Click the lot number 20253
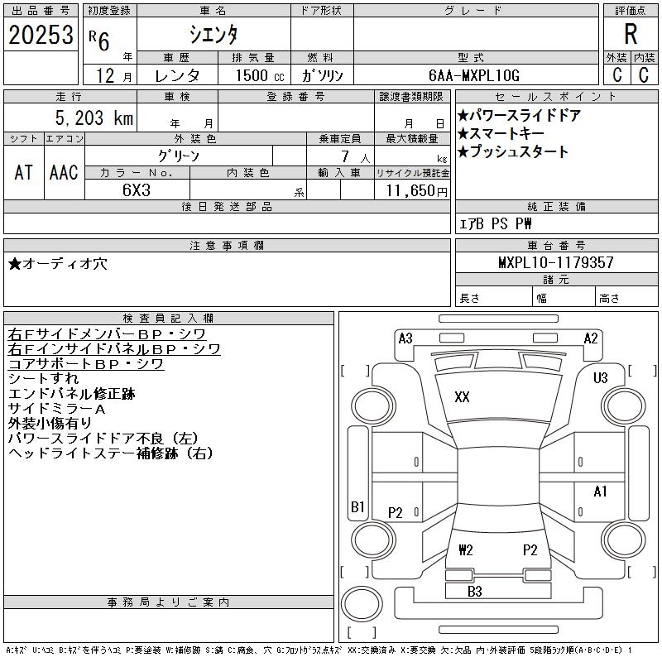pyautogui.click(x=41, y=35)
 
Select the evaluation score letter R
pyautogui.click(x=631, y=34)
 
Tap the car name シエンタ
pyautogui.click(x=213, y=34)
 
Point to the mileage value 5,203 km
pyautogui.click(x=94, y=118)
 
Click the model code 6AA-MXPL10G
pyautogui.click(x=473, y=75)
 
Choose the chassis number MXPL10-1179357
pyautogui.click(x=555, y=262)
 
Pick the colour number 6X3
pyautogui.click(x=137, y=190)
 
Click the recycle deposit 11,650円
pyautogui.click(x=417, y=191)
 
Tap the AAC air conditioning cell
pyautogui.click(x=64, y=172)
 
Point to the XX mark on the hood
pyautogui.click(x=462, y=397)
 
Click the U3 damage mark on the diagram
pyautogui.click(x=601, y=377)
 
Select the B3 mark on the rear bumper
pyautogui.click(x=474, y=591)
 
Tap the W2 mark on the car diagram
pyautogui.click(x=466, y=549)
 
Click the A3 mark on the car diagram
pyautogui.click(x=405, y=338)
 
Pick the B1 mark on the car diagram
pyautogui.click(x=357, y=506)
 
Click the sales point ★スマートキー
pyautogui.click(x=501, y=133)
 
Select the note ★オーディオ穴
pyautogui.click(x=58, y=264)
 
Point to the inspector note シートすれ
pyautogui.click(x=44, y=378)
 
